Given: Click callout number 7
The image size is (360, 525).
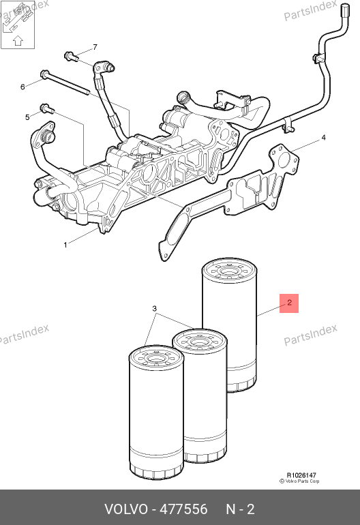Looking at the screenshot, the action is (x=95, y=47).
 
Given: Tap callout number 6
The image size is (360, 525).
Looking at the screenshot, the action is (x=22, y=87).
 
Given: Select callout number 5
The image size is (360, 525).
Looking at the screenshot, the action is (x=27, y=117).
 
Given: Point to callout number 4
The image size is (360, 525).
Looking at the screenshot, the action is (x=323, y=137).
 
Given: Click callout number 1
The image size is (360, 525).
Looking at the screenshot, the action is (x=65, y=245).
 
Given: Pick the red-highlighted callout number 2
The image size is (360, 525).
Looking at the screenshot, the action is (x=289, y=303).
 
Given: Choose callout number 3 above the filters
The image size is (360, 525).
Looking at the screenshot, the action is (x=154, y=308).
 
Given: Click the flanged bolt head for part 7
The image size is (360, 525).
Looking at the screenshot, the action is (x=71, y=56).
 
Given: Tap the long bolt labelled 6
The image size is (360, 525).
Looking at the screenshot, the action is (x=65, y=82).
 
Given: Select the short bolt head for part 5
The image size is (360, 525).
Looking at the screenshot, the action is (x=47, y=108).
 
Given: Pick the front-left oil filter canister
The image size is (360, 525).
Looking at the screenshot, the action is (x=156, y=412).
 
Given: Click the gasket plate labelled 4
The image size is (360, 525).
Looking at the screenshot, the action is (x=229, y=200).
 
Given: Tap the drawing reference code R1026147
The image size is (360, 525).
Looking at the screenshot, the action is (x=301, y=475).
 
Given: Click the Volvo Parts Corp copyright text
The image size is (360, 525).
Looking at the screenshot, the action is (x=299, y=481).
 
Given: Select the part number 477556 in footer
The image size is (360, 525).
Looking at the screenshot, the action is (x=183, y=509).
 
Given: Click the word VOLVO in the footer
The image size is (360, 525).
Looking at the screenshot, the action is (x=126, y=509).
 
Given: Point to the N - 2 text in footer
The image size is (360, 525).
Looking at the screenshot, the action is (x=240, y=509).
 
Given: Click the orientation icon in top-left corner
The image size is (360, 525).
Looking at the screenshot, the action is (x=18, y=25).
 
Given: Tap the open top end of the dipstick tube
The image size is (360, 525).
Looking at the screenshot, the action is (x=345, y=9).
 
